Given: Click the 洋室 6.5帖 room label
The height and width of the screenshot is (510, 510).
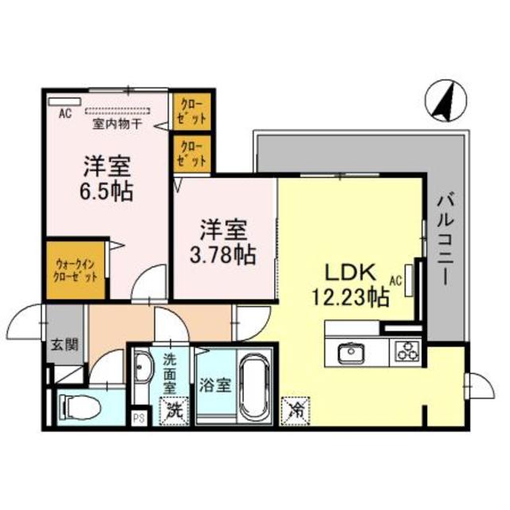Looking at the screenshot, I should [x=108, y=178].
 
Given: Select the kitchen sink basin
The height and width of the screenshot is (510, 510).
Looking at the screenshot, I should [x=351, y=351].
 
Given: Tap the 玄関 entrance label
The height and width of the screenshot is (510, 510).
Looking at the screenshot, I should [x=65, y=345].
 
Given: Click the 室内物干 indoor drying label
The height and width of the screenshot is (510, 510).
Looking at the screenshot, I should [x=116, y=124].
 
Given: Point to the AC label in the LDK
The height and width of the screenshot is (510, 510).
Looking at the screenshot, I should [x=396, y=279].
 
